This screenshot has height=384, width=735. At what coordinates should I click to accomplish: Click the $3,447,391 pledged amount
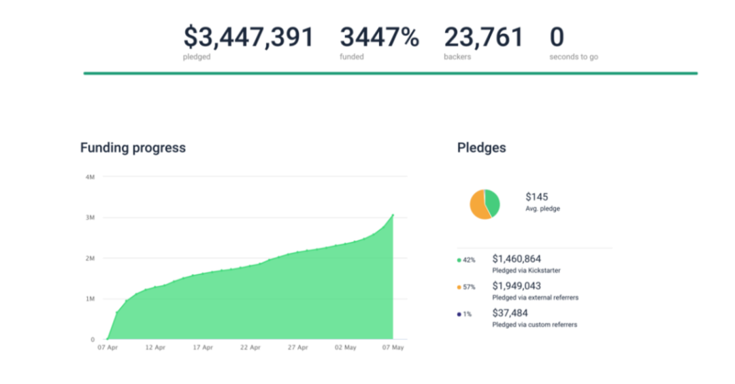pos(248,37)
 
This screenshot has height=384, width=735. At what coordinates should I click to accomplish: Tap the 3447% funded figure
pos(379,37)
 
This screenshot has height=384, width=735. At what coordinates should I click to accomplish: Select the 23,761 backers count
pos(483,37)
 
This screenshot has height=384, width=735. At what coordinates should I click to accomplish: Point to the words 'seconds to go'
pos(574,57)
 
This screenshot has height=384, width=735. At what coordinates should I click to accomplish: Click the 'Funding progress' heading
pos(133,147)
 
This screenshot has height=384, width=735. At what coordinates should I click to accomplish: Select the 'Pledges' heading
pos(481,147)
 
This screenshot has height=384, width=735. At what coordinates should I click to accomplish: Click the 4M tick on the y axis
pos(90,177)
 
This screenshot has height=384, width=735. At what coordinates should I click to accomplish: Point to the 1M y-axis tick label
pos(90,299)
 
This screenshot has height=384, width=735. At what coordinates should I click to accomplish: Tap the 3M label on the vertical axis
pos(90,217)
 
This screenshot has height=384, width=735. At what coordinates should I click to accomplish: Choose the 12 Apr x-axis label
pos(155,347)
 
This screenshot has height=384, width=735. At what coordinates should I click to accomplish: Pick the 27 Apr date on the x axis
pos(298,347)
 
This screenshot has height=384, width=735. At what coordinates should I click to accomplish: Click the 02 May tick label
pos(346,347)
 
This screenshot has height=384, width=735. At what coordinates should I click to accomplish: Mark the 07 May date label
pos(393,347)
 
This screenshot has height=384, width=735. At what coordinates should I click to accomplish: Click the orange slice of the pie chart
pos(478,206)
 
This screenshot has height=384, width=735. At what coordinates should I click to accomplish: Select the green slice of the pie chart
pos(493,203)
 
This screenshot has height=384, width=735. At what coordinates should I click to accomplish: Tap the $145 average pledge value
pos(537,197)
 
